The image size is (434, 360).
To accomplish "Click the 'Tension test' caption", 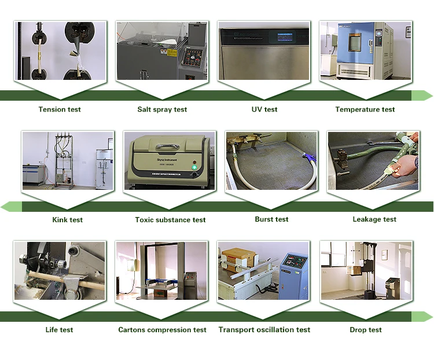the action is click(60, 109).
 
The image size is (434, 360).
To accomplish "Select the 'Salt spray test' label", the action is click(162, 109).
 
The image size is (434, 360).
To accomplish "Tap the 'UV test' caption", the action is click(264, 109).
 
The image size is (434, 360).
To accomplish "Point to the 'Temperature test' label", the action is click(365, 109).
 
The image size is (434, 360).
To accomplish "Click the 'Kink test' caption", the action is click(68, 220).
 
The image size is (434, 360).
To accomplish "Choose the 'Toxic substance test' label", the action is click(170, 220).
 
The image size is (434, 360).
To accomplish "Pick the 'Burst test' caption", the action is click(271, 219).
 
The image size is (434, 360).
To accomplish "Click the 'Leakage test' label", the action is click(374, 219).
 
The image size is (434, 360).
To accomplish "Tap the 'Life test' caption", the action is click(60, 330).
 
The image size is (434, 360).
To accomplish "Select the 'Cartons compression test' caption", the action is click(162, 330).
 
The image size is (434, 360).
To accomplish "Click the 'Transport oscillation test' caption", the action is click(264, 330).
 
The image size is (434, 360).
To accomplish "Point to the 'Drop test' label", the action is click(366, 330).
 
